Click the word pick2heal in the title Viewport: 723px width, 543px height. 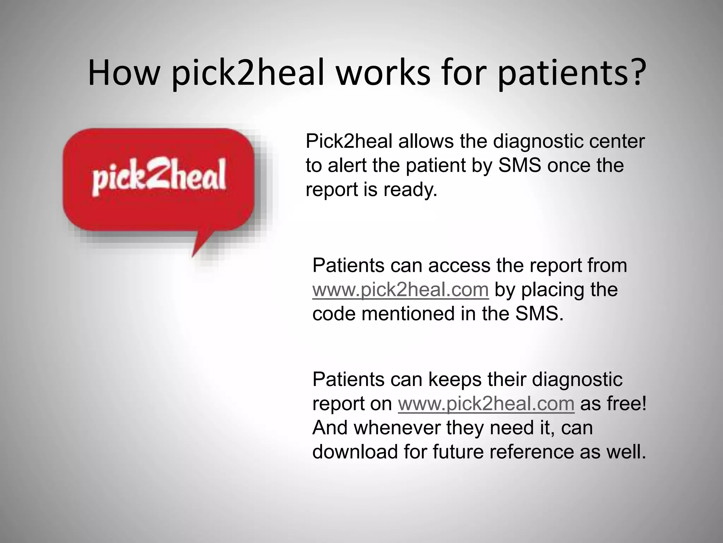pyautogui.click(x=248, y=74)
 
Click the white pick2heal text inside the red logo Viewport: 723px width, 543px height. pyautogui.click(x=159, y=177)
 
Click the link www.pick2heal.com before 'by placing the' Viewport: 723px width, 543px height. pyautogui.click(x=400, y=290)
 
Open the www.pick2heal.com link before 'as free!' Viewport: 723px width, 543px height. pyautogui.click(x=486, y=404)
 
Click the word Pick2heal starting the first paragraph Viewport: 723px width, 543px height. pyautogui.click(x=349, y=141)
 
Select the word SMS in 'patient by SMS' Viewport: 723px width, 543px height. pyautogui.click(x=519, y=165)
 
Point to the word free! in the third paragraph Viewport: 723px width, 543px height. pyautogui.click(x=613, y=404)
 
